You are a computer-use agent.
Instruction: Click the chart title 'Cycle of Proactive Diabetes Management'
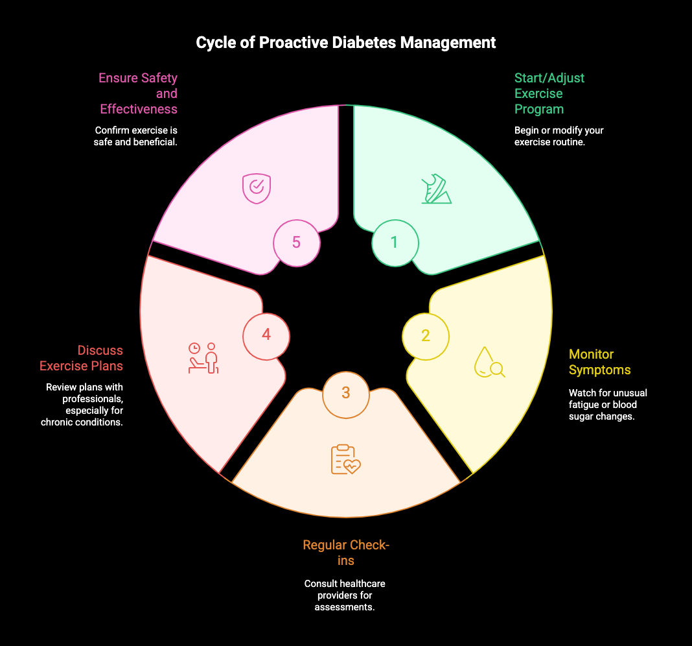tap(346, 43)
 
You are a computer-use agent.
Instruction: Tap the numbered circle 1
tap(395, 243)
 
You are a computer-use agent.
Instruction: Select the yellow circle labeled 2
tap(426, 336)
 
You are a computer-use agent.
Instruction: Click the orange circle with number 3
tap(346, 393)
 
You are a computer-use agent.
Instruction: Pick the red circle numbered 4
tap(266, 335)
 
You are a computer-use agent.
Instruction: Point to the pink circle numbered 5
tap(296, 243)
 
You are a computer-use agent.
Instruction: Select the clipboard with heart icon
tap(345, 459)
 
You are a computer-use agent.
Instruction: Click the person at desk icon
tap(203, 358)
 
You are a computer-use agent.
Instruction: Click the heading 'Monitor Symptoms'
tap(599, 362)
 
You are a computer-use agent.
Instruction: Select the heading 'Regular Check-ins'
tap(346, 553)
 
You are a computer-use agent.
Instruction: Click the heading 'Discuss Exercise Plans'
tap(82, 358)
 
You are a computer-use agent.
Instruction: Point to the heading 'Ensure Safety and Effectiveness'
tap(137, 93)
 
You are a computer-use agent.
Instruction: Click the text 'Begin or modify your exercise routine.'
tap(559, 136)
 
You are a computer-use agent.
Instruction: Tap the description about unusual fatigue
tap(607, 405)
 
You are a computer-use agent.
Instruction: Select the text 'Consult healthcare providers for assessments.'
tap(345, 595)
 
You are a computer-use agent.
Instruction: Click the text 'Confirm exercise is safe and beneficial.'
tap(135, 136)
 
